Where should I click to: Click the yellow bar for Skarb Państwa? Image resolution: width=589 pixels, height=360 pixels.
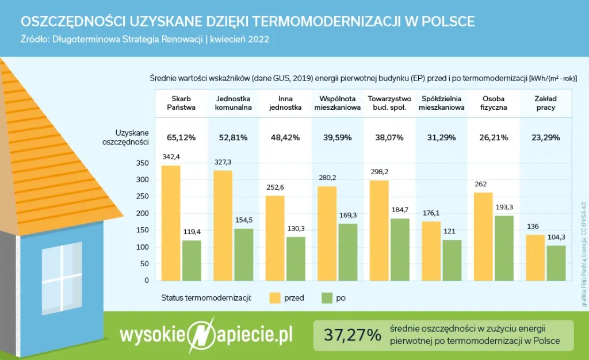[x=171, y=223]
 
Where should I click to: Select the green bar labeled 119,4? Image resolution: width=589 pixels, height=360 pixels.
[x=192, y=261]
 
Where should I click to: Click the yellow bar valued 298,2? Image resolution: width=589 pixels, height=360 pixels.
[x=378, y=231]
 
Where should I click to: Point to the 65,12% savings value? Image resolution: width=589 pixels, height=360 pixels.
[x=181, y=137]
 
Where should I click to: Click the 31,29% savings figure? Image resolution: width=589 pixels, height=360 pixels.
[x=442, y=137]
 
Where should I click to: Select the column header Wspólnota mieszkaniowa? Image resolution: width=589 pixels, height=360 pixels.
[x=337, y=103]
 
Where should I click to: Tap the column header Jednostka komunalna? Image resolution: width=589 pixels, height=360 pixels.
[x=233, y=103]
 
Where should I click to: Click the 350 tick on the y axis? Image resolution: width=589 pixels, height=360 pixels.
[x=141, y=163]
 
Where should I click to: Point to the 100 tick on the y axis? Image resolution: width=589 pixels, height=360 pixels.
[x=141, y=247]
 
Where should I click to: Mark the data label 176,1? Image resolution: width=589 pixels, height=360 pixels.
[x=431, y=213]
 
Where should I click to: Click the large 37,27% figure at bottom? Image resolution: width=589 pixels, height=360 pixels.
[x=352, y=335]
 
